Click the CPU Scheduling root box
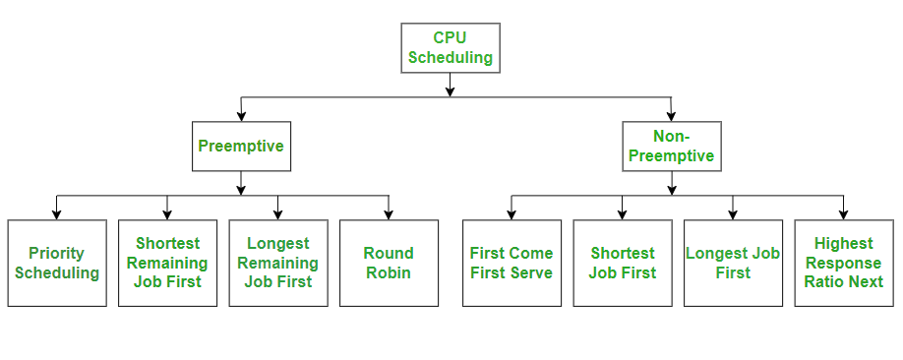[x=450, y=47]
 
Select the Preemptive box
[x=241, y=147]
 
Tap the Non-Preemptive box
[x=672, y=147]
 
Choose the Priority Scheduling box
[x=57, y=263]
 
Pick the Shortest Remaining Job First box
[x=167, y=263]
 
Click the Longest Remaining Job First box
[x=278, y=263]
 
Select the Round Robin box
[x=389, y=263]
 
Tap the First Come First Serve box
[x=512, y=263]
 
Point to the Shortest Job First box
[x=623, y=263]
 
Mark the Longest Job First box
[x=734, y=263]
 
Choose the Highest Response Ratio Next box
[x=844, y=263]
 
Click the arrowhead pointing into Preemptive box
[x=241, y=116]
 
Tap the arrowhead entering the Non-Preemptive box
[x=672, y=116]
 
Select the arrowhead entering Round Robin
[x=389, y=213]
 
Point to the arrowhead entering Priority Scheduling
[x=57, y=213]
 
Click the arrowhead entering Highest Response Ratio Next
[x=844, y=213]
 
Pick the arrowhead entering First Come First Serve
[x=512, y=213]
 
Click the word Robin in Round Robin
[x=389, y=272]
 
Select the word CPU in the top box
[x=450, y=37]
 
